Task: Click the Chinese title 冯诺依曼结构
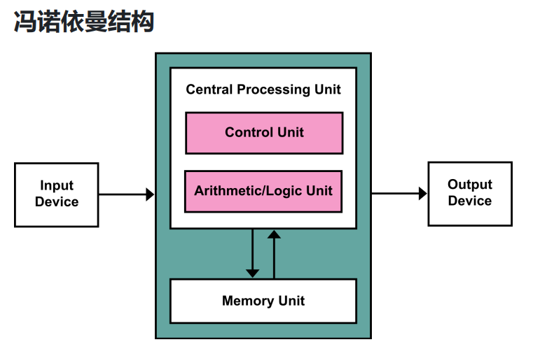[x=84, y=22]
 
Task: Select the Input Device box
[x=56, y=194]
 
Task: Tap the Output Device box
[x=470, y=194]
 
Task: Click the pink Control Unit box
[x=264, y=133]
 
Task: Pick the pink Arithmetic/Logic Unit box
[x=263, y=191]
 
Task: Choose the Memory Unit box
[x=263, y=301]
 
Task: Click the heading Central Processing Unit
[x=263, y=90]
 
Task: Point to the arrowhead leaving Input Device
[x=149, y=194]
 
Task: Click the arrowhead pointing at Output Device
[x=422, y=194]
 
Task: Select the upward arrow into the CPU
[x=274, y=236]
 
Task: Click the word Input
[x=57, y=186]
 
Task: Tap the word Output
[x=470, y=185]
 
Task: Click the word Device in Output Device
[x=470, y=201]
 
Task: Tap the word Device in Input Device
[x=57, y=202]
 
